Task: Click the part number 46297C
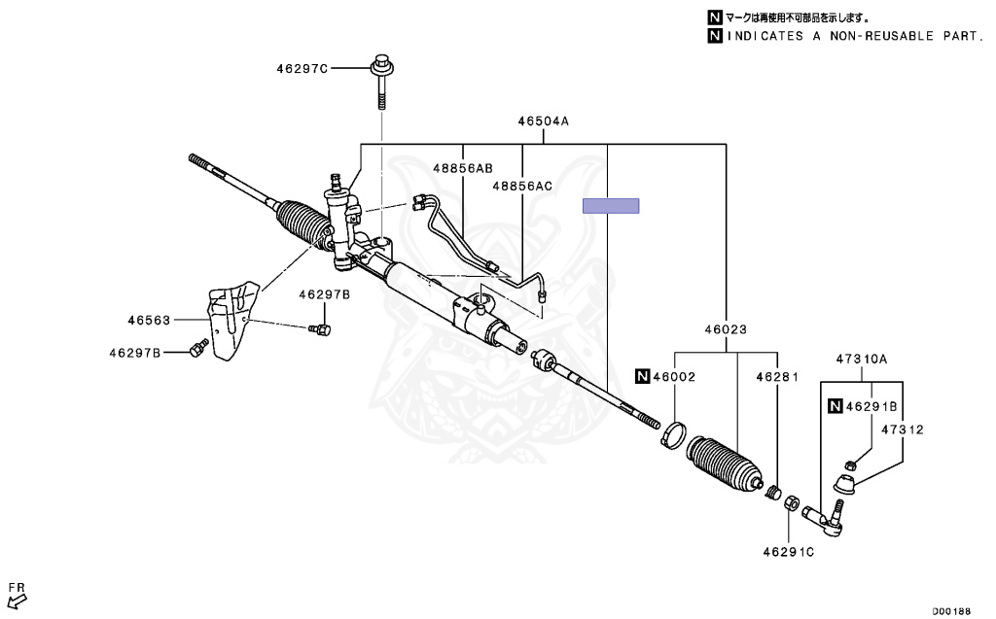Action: click(x=302, y=69)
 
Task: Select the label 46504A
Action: click(x=543, y=121)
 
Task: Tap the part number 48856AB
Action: click(x=462, y=168)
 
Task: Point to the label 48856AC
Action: click(x=521, y=186)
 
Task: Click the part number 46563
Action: click(x=148, y=318)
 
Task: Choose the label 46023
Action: click(x=727, y=329)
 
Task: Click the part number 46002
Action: click(x=673, y=376)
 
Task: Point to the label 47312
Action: click(x=903, y=429)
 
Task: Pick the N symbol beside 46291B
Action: click(x=834, y=406)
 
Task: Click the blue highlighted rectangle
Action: click(x=611, y=205)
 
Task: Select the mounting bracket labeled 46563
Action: click(x=229, y=321)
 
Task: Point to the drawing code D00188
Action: click(x=951, y=611)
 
